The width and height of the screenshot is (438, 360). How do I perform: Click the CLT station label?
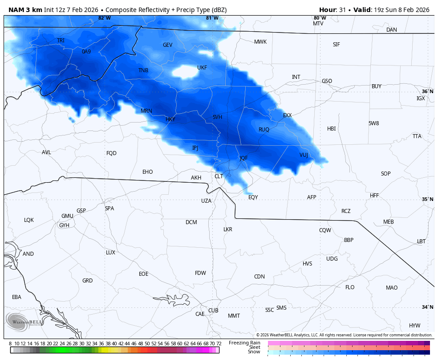tap(219, 176)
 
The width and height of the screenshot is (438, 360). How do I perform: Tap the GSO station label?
tap(327, 81)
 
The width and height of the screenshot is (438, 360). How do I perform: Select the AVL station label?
tap(46, 152)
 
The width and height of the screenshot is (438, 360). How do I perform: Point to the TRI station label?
tap(61, 41)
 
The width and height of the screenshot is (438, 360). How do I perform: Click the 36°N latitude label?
tap(427, 91)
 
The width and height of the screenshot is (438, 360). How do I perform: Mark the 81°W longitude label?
tap(212, 18)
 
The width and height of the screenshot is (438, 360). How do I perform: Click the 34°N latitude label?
tap(427, 307)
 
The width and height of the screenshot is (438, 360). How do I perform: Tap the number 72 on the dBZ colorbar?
tap(219, 344)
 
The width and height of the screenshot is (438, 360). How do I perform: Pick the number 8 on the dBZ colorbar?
tap(10, 344)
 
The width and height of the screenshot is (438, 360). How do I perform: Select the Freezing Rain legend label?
tap(244, 343)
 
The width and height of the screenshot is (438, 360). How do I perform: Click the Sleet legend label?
tap(254, 347)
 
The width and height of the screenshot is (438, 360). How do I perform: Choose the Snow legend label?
tap(254, 352)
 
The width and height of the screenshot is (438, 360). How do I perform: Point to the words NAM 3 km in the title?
tap(25, 10)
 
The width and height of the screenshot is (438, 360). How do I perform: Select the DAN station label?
tap(391, 30)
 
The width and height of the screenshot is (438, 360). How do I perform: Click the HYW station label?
tap(414, 326)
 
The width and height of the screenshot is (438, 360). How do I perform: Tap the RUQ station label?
tap(264, 130)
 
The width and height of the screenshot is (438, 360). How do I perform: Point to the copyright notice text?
tap(344, 335)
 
